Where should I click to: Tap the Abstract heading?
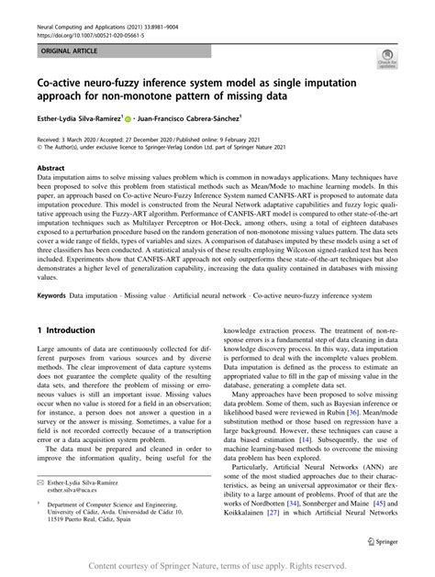[50, 169]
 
